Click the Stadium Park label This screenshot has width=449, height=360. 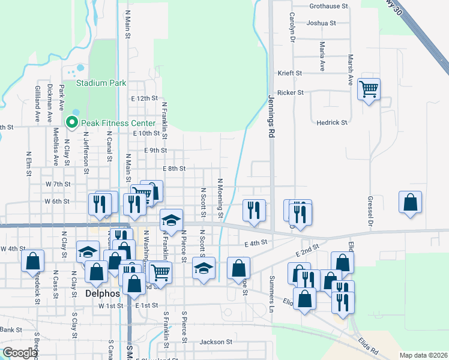[x=100, y=83]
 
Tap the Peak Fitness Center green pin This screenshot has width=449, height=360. [x=73, y=122]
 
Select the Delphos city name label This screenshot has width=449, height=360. [x=101, y=295]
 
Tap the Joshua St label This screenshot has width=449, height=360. [x=321, y=23]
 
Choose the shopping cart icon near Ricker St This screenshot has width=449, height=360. [x=369, y=89]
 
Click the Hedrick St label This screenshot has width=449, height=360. [x=332, y=122]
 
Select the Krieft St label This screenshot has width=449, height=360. [x=289, y=73]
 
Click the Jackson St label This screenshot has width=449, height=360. [x=215, y=342]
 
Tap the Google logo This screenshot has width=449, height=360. [x=20, y=353]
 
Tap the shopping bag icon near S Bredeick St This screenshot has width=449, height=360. [x=32, y=261]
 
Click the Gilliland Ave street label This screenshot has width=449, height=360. [x=37, y=104]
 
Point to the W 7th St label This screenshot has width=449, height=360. [x=58, y=184]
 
